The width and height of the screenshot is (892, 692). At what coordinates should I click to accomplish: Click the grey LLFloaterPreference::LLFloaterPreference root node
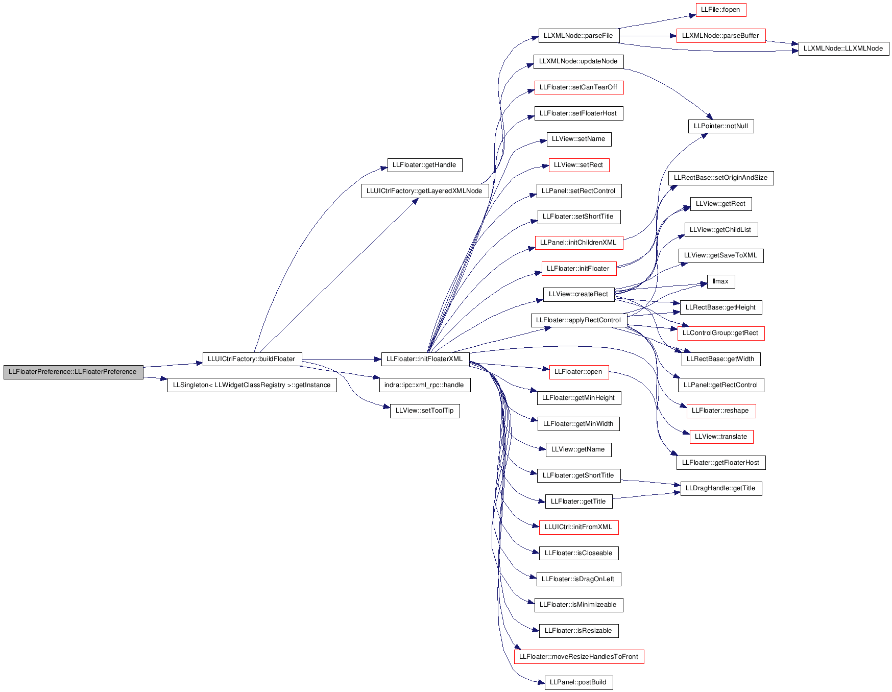point(73,372)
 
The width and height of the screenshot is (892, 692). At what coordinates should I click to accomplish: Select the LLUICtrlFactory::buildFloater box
point(252,359)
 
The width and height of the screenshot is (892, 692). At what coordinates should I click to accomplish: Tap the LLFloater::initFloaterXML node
point(425,359)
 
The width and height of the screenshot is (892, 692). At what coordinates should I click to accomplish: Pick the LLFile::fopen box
point(720,10)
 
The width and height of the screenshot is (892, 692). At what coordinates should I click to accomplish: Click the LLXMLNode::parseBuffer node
point(721,36)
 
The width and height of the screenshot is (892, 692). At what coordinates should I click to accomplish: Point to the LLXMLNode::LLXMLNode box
point(843,49)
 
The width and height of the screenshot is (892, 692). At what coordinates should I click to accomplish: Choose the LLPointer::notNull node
point(721,126)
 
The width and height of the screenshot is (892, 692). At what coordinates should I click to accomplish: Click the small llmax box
point(721,281)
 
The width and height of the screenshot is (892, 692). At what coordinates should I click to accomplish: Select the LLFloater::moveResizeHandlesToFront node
point(579,657)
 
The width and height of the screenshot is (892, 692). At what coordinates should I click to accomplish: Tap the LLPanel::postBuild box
point(578,682)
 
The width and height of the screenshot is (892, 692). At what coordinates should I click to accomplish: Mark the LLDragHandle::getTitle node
point(721,488)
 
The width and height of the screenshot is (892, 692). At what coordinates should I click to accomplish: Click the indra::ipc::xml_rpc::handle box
point(424,385)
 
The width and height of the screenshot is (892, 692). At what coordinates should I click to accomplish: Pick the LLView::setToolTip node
point(425,411)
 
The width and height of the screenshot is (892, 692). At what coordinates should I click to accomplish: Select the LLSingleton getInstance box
point(252,385)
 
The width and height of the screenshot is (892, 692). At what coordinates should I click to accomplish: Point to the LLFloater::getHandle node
point(425,165)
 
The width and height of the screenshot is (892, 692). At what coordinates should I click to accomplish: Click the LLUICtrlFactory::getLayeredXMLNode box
point(425,191)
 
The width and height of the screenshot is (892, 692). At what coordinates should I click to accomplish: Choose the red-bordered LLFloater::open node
point(578,372)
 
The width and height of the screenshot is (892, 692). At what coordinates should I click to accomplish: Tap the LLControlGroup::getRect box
point(721,333)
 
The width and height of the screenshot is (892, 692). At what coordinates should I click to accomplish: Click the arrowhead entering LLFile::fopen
point(692,15)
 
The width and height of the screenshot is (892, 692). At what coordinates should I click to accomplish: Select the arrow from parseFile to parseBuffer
point(648,36)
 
